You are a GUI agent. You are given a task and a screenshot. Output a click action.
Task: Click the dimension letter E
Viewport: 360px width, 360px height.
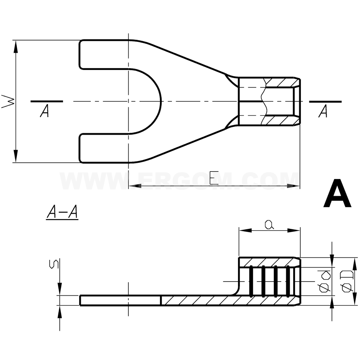point(214,178)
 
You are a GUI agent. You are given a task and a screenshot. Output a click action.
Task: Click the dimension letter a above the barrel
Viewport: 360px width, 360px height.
point(269,225)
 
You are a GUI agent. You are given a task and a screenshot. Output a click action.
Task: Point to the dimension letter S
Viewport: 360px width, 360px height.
point(54,264)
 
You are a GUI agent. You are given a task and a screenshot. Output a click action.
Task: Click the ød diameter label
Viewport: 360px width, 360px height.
point(324,282)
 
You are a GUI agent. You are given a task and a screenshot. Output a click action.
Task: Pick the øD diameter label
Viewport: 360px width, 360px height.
point(347,282)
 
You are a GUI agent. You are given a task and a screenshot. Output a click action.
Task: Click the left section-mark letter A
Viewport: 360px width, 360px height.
point(44,111)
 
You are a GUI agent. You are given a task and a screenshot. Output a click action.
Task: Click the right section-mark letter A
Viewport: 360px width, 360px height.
point(323,111)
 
